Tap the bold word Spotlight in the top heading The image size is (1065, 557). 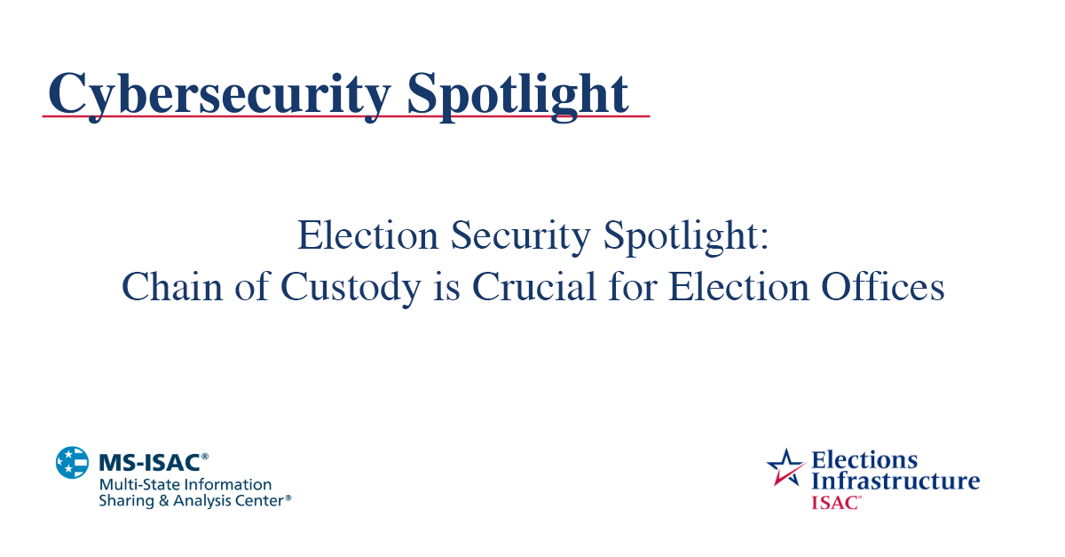click(518, 92)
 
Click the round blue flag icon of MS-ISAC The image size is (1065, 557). click(73, 463)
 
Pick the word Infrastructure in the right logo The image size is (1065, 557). click(895, 481)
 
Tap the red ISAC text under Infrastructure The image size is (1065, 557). click(834, 502)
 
